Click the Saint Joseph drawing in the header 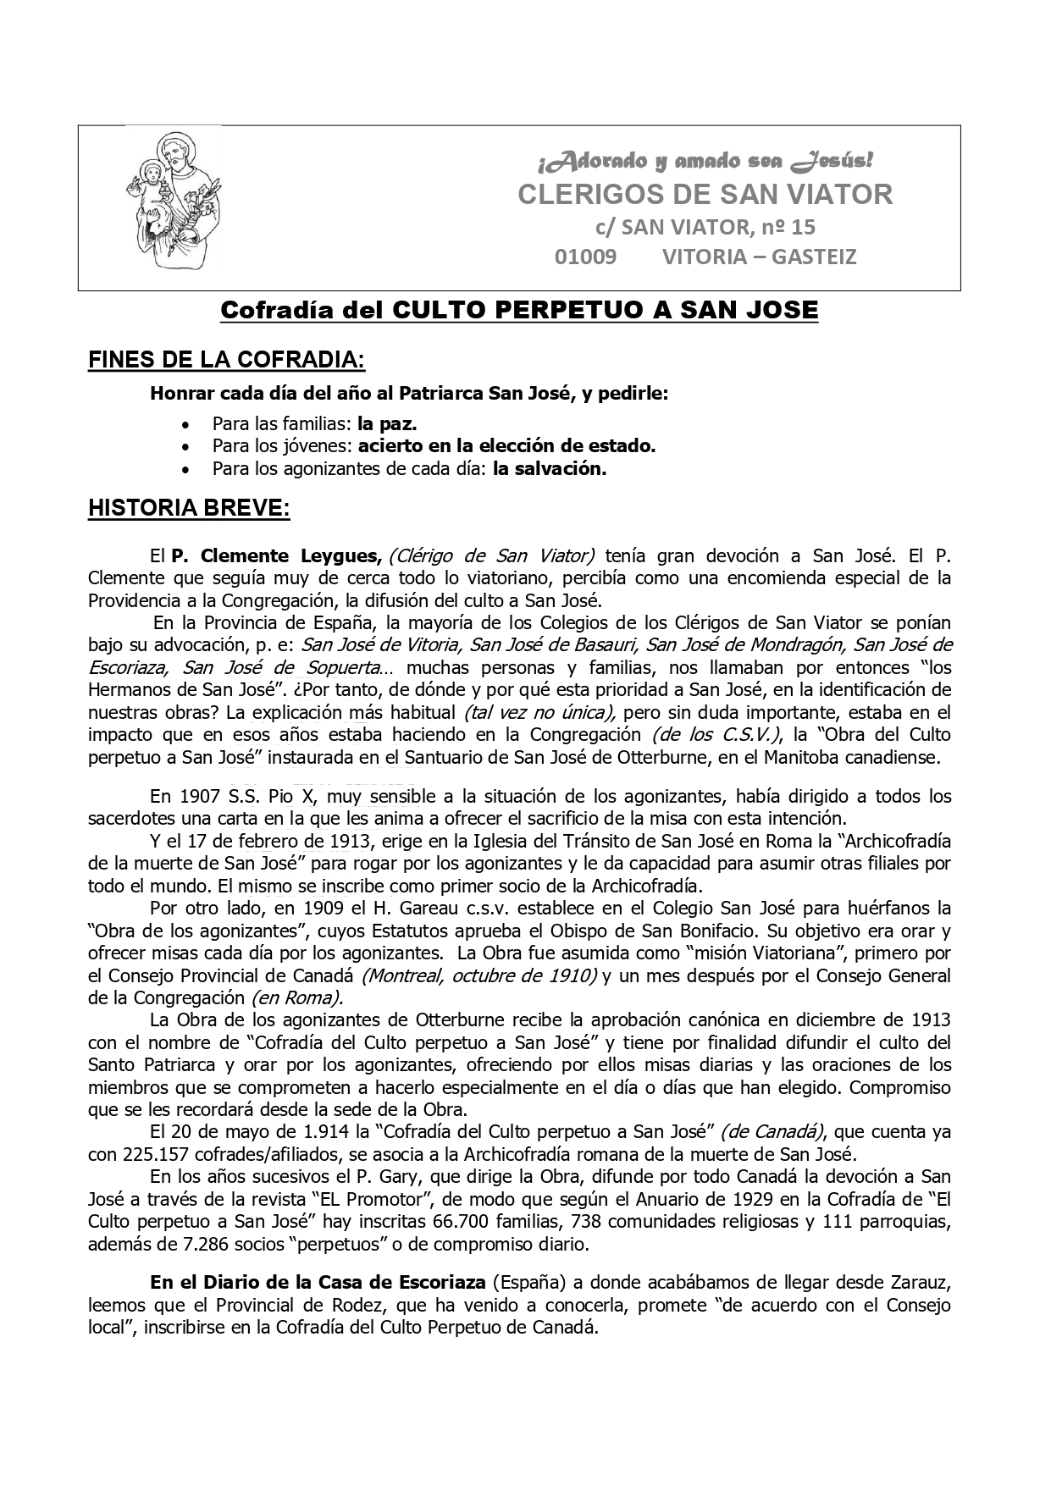coord(170,200)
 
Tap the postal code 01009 coord(585,257)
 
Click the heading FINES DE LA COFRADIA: coord(226,360)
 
